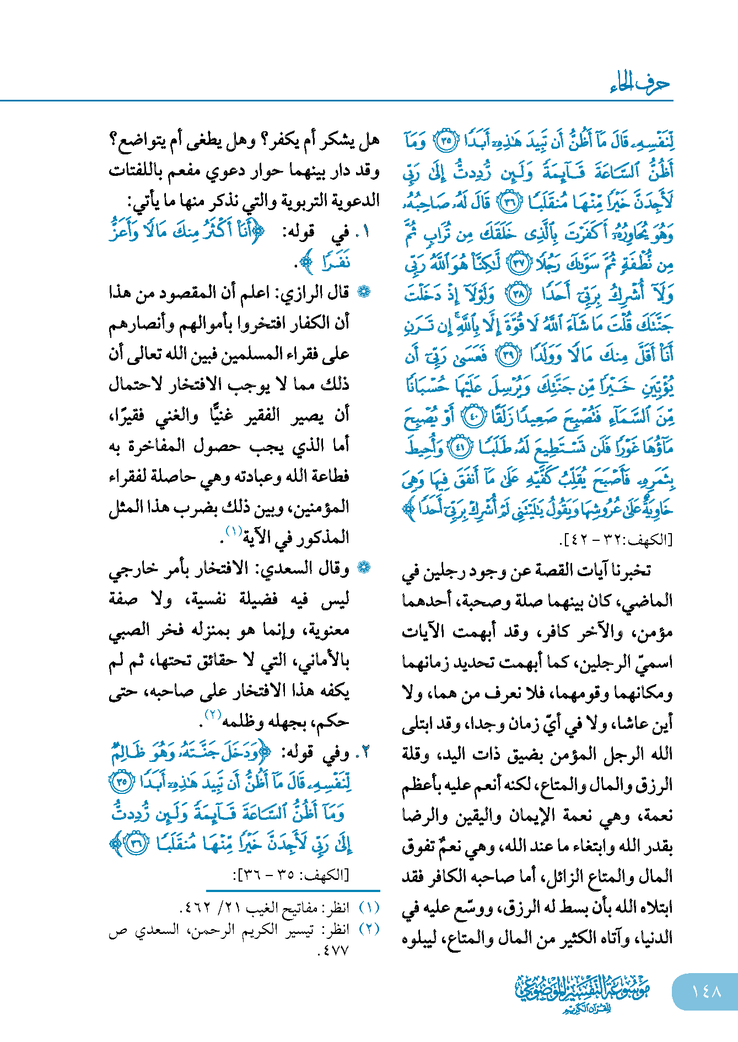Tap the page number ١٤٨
706,991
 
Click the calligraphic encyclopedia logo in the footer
583,991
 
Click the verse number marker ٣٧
519,264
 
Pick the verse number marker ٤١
460,447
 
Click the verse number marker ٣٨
519,294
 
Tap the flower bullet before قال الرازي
364,292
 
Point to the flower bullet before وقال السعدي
364,568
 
